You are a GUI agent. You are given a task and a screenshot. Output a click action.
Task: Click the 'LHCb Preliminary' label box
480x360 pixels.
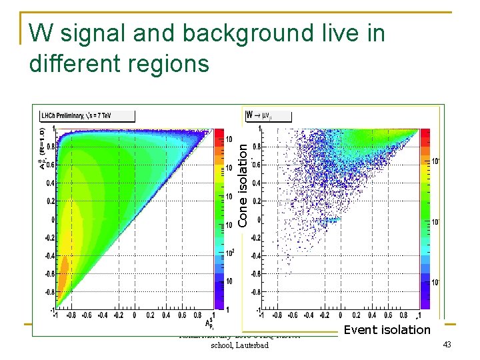87,115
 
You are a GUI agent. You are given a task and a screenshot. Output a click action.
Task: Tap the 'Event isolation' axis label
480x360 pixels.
387,329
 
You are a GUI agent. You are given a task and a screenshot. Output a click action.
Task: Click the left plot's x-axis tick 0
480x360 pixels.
135,316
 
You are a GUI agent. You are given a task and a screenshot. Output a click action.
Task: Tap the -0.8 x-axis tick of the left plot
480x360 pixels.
71,316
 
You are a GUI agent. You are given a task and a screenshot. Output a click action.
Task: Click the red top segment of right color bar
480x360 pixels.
424,133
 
